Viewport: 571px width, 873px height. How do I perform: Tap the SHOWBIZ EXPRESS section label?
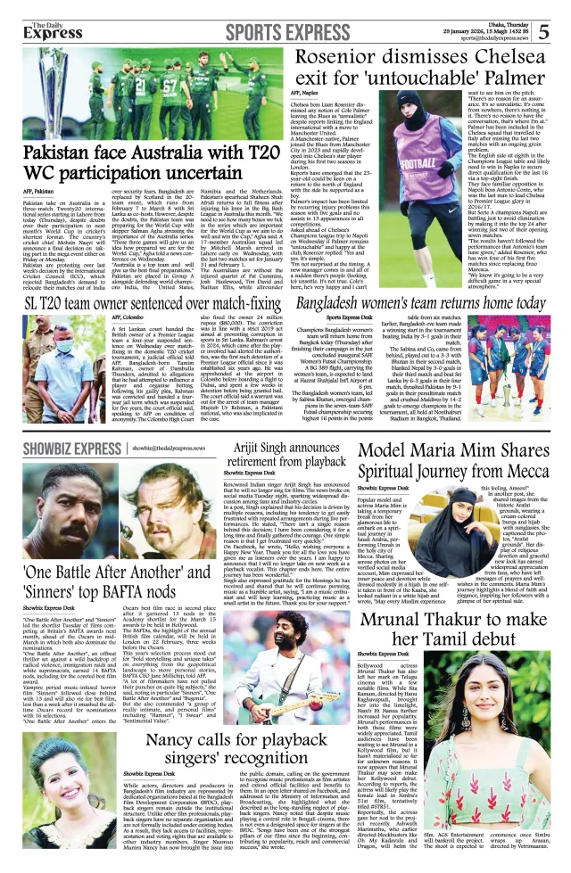coord(62,447)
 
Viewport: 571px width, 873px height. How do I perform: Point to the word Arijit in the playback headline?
coord(254,448)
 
